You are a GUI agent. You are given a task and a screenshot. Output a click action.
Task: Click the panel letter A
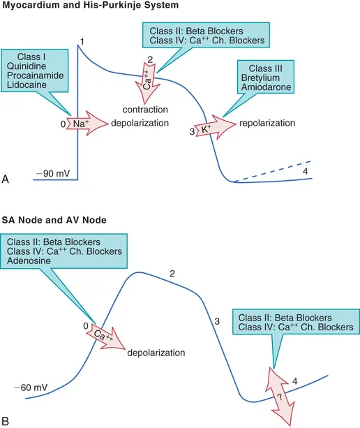point(6,179)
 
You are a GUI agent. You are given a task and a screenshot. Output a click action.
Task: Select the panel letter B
point(6,420)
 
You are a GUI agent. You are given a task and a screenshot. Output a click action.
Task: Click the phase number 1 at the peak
point(82,43)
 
